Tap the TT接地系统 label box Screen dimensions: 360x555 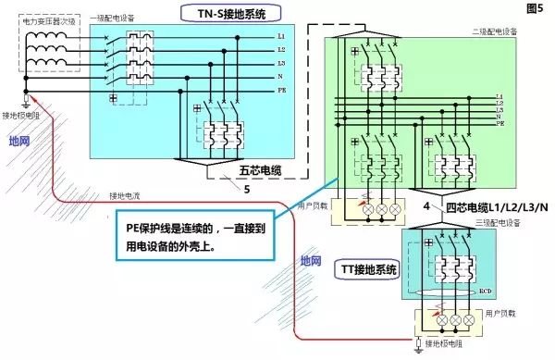(x=366, y=270)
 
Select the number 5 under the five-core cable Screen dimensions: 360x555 (x=247, y=190)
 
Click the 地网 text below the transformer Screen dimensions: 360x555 (x=18, y=141)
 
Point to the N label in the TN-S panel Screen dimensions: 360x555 (x=282, y=77)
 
